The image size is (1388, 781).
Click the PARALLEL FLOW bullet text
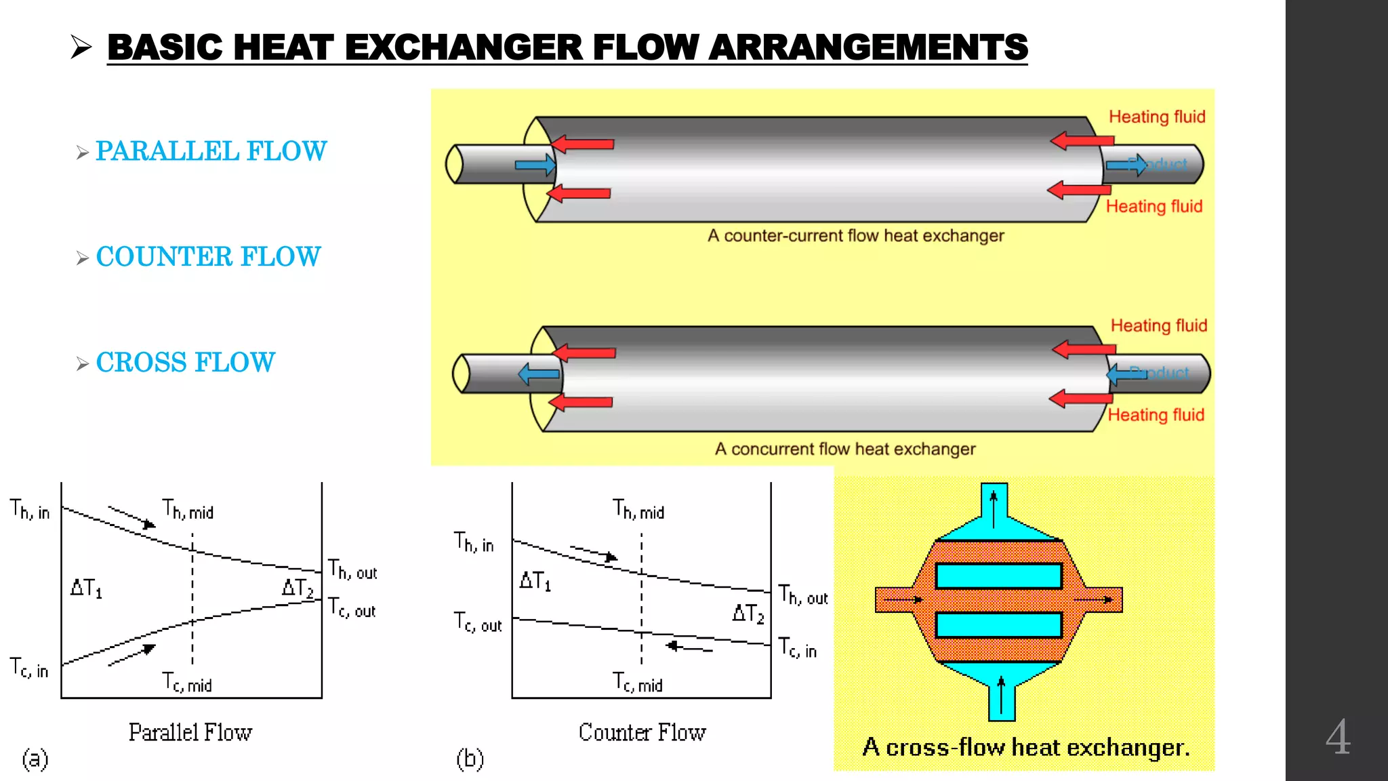(x=211, y=151)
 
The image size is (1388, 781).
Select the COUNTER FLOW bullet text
(x=208, y=256)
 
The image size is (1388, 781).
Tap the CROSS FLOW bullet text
(x=185, y=362)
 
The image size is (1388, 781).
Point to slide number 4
(x=1338, y=737)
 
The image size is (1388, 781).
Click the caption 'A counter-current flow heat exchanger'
(x=855, y=236)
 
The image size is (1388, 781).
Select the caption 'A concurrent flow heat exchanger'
(x=844, y=449)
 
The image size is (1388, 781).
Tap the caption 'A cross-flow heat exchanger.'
(x=1025, y=747)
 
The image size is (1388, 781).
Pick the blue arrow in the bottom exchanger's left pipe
(x=539, y=374)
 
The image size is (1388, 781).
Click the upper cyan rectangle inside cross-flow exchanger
(x=998, y=576)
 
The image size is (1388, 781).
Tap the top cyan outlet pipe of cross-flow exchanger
(x=994, y=505)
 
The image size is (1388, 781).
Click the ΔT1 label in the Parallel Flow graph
(x=86, y=588)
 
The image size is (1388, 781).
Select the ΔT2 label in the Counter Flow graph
(x=748, y=614)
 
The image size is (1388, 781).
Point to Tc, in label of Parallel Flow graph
(x=29, y=668)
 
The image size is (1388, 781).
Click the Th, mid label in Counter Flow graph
(x=638, y=509)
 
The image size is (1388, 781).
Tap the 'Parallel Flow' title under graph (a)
(x=190, y=732)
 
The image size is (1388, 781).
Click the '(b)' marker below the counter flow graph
(x=470, y=759)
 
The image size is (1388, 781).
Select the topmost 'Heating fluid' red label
(x=1156, y=117)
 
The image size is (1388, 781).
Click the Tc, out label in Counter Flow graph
(x=478, y=622)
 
